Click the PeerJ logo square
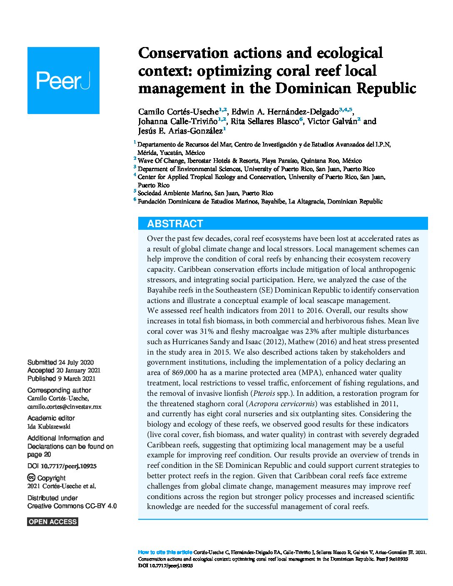point(63,80)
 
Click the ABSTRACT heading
point(175,223)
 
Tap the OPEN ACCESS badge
point(53,522)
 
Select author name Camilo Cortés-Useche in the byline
point(178,112)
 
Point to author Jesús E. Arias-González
point(180,131)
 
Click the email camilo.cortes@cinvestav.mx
point(64,407)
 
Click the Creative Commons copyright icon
point(31,478)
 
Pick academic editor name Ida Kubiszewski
point(49,426)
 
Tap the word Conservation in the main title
point(183,53)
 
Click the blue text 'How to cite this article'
point(165,552)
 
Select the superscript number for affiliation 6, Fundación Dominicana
point(135,200)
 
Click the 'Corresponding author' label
point(59,390)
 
